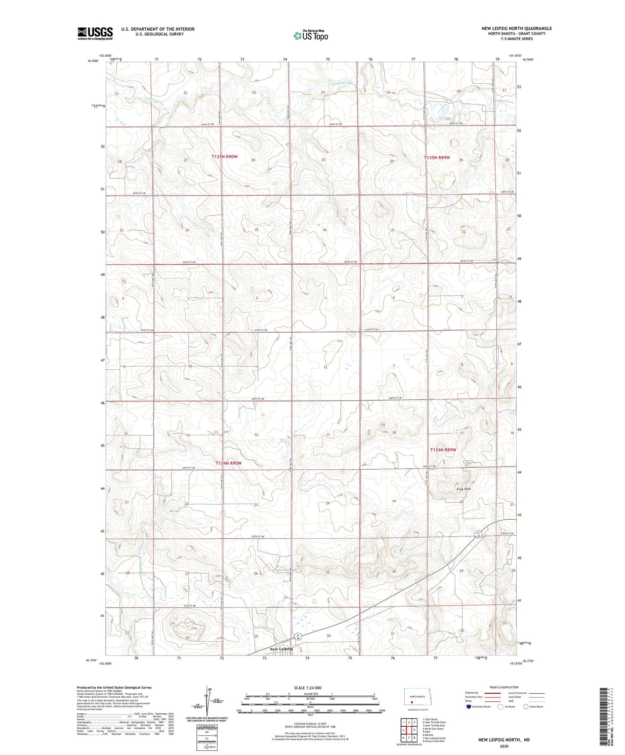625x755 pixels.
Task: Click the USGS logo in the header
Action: tap(95, 33)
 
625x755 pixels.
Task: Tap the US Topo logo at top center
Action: tap(311, 35)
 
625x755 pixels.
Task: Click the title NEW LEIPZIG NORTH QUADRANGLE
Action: tap(517, 28)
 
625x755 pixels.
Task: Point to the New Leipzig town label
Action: tap(281, 648)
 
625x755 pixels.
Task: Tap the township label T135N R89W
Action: tap(437, 158)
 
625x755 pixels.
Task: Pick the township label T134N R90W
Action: tap(228, 463)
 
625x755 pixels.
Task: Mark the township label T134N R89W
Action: tap(443, 450)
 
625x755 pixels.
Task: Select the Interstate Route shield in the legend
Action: tap(469, 707)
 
